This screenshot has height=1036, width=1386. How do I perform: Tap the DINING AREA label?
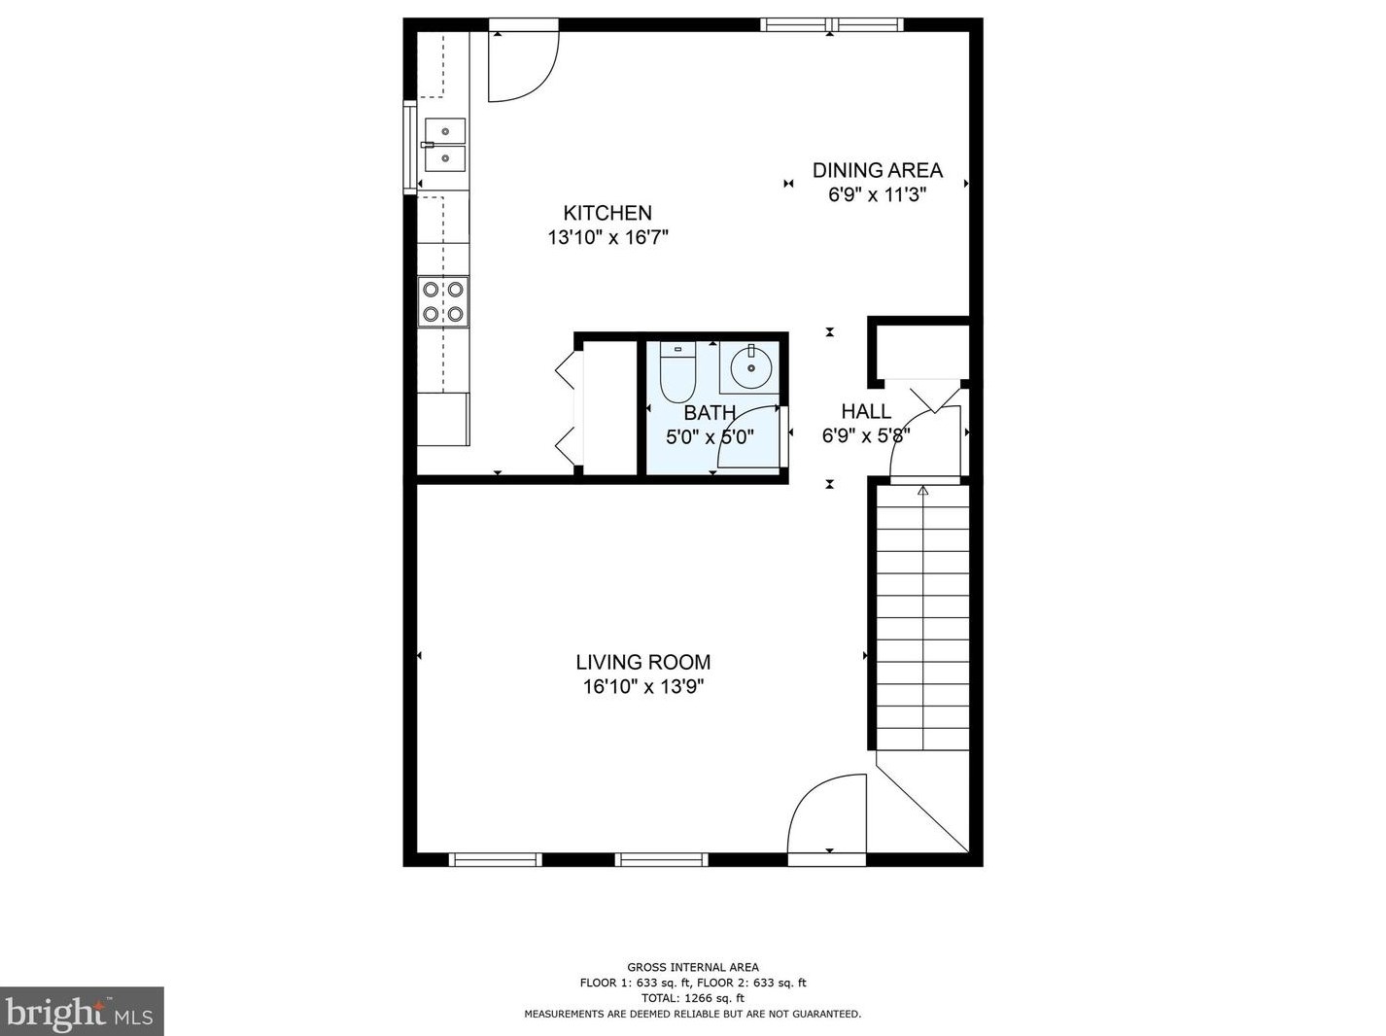coord(877,170)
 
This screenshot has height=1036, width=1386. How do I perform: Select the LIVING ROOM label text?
coord(642,662)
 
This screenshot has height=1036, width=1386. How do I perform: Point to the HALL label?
coord(866,412)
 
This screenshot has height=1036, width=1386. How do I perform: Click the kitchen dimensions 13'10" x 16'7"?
coord(608,238)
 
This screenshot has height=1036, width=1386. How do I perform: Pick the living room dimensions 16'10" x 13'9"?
coord(642,687)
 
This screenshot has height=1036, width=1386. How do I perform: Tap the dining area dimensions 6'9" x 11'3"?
coord(877,194)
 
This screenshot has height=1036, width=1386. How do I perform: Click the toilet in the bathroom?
coord(676,372)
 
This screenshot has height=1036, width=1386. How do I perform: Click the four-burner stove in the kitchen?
coord(443,302)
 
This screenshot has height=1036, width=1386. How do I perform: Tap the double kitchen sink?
coord(444,145)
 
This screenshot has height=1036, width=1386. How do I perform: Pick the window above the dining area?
coord(831,24)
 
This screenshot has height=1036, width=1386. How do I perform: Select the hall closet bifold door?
coord(934,398)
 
